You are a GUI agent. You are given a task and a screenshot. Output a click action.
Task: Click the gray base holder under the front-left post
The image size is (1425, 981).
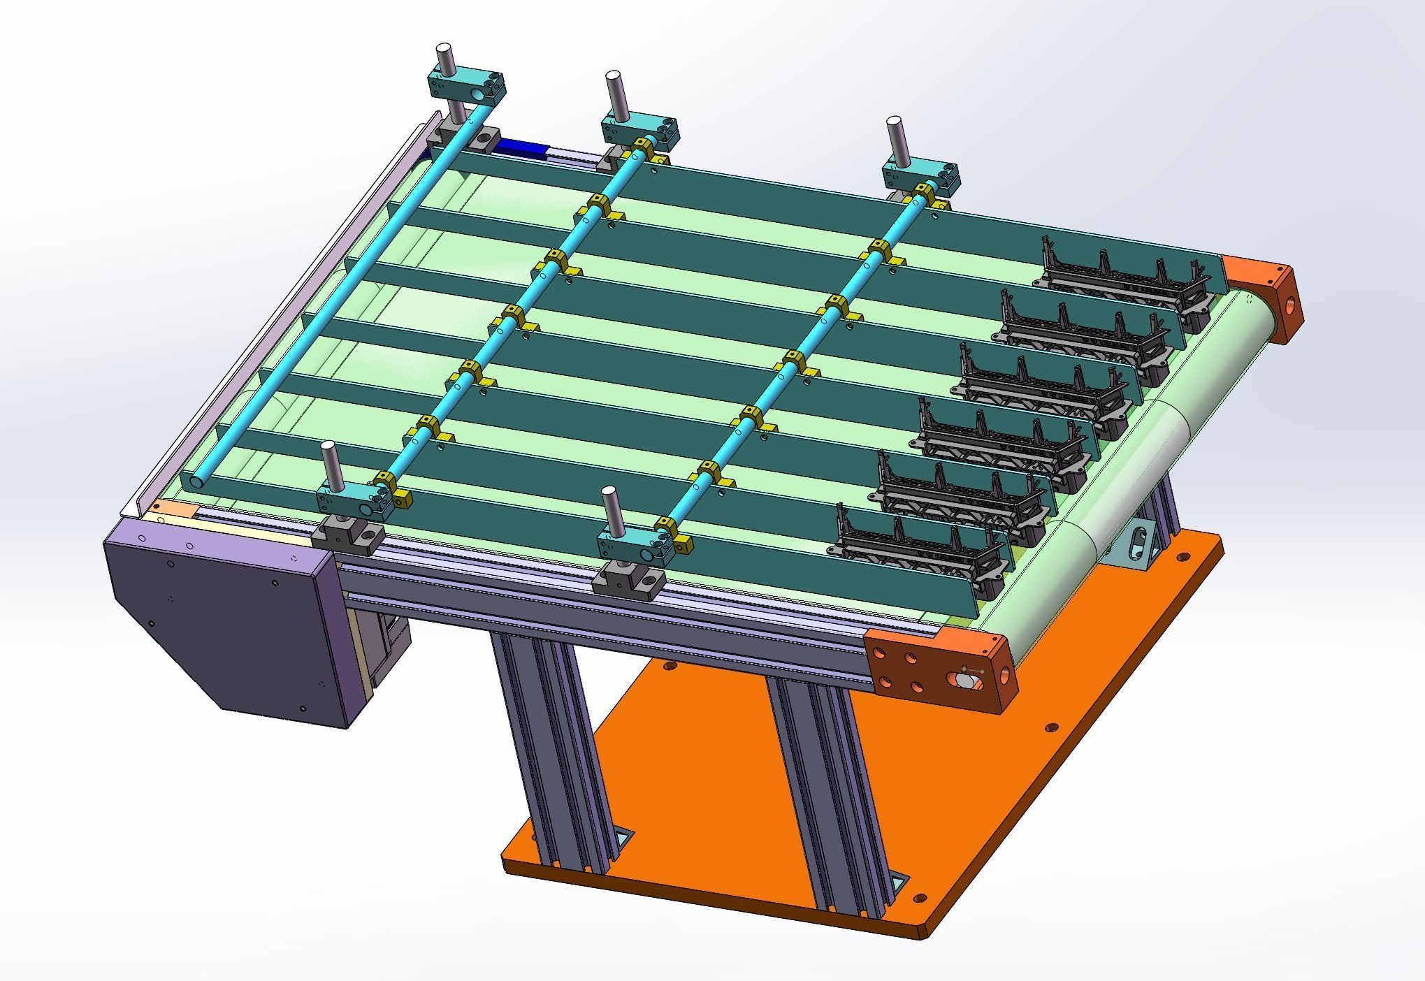[x=347, y=537]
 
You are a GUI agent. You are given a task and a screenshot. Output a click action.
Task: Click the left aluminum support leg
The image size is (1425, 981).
[x=552, y=741]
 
